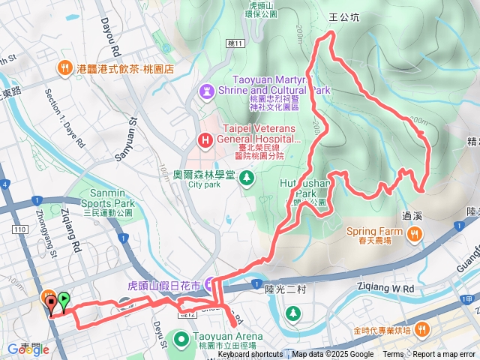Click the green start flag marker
click(x=64, y=301)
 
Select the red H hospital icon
click(x=204, y=139)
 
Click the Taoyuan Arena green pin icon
click(x=181, y=340)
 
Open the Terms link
click(x=393, y=355)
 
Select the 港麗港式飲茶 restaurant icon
click(x=66, y=68)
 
